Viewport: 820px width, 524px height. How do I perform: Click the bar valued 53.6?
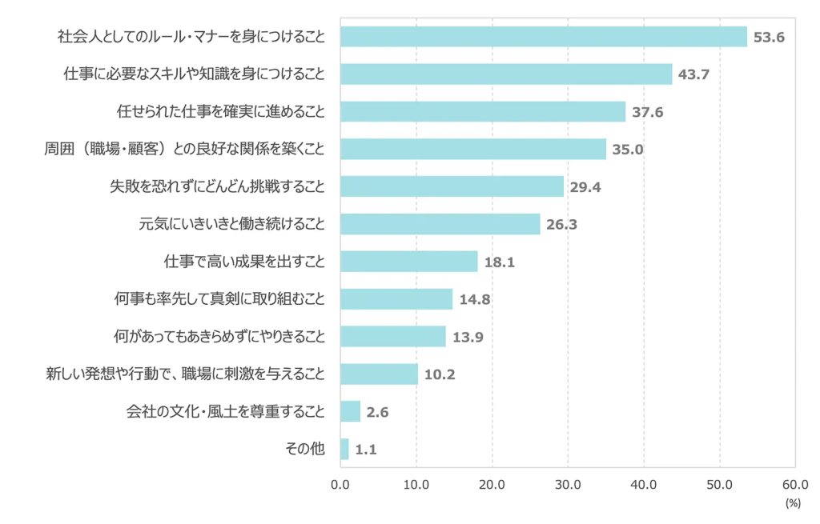click(543, 37)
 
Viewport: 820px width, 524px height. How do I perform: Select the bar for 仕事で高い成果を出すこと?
click(408, 262)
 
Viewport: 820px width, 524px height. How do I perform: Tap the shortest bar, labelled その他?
click(344, 449)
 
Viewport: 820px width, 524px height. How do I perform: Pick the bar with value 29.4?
click(452, 186)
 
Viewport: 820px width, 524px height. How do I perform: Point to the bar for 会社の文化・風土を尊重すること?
click(350, 412)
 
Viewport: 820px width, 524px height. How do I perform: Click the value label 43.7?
click(694, 74)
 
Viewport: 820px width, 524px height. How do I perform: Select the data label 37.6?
click(647, 112)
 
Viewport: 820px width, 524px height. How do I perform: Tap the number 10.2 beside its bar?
click(440, 374)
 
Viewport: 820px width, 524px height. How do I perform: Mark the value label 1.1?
click(366, 450)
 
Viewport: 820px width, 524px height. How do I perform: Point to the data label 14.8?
click(475, 299)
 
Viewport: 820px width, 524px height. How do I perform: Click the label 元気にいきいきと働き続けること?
click(232, 224)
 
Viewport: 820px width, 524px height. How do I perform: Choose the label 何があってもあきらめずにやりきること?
click(220, 337)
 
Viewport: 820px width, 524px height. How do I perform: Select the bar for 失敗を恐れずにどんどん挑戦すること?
click(452, 186)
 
